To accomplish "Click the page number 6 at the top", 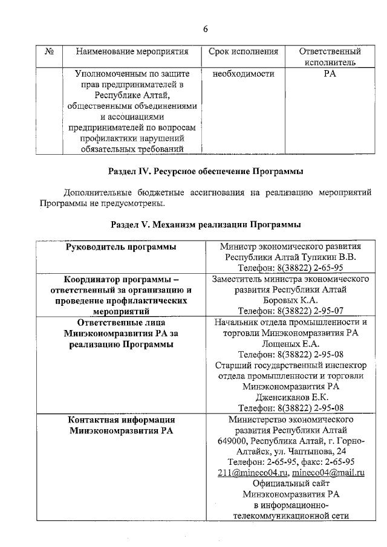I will coord(205,29).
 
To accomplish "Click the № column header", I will coord(49,52).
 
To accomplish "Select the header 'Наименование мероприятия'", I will coord(132,52).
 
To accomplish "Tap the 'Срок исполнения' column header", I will coord(243,52).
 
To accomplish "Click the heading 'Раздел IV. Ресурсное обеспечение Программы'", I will coord(206,172).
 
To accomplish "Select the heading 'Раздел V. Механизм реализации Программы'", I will coord(206,225).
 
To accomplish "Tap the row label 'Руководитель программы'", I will coord(121,247).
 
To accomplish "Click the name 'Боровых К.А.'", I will coord(291,300).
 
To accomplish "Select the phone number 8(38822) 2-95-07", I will coord(290,311).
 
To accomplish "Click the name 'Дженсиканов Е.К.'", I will coord(291,398).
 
